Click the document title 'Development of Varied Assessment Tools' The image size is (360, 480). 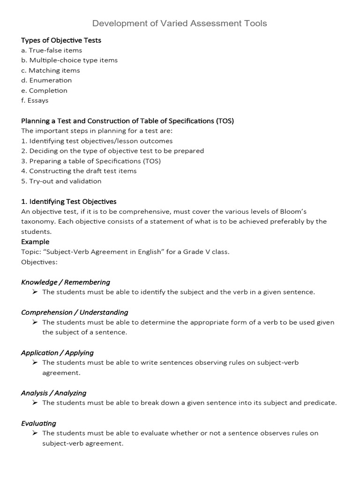coord(180,23)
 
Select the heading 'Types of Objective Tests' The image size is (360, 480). coord(61,40)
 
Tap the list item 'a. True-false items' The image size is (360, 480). coord(52,50)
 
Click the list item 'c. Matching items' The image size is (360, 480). coord(51,70)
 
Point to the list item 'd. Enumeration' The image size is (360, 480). coord(46,80)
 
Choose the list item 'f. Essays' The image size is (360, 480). coord(35,100)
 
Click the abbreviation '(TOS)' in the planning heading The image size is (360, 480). coord(225,121)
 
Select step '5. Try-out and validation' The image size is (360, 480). coord(61,181)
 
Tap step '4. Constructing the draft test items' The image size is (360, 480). coord(79,171)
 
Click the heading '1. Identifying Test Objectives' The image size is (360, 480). coord(69,202)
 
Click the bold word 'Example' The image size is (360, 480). coord(35,242)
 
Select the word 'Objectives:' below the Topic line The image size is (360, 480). coord(39,262)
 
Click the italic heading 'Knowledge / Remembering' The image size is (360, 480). coord(66,282)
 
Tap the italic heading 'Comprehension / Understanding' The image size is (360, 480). coord(75,312)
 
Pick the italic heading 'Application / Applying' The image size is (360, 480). coord(57,352)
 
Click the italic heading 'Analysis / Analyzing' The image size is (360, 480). coord(54,393)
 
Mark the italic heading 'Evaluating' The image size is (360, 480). coord(38,423)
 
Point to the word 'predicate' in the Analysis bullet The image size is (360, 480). coord(320,403)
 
